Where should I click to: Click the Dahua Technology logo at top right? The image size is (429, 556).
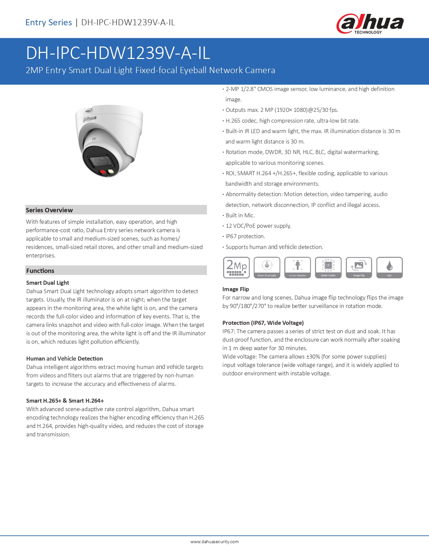[x=370, y=24]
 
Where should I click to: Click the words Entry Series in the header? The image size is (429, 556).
[x=49, y=23]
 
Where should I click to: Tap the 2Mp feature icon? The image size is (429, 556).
[x=236, y=268]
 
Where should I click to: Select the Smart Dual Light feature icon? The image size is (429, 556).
[x=267, y=268]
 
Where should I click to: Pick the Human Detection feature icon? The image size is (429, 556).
[x=297, y=268]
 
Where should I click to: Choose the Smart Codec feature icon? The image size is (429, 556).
[x=328, y=268]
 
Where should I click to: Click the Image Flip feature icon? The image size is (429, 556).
[x=359, y=268]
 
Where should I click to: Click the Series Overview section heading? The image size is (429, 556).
[x=49, y=210]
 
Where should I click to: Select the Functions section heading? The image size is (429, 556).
[x=40, y=271]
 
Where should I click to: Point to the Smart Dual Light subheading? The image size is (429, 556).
[x=48, y=283]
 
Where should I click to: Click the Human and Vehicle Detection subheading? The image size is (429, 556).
[x=65, y=359]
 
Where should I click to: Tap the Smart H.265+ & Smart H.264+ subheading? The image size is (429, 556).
[x=65, y=401]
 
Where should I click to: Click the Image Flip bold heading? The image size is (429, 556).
[x=236, y=289]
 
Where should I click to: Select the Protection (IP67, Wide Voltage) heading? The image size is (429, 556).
[x=263, y=323]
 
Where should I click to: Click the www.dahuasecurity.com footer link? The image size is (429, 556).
[x=214, y=542]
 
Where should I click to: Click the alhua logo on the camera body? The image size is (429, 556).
[x=90, y=119]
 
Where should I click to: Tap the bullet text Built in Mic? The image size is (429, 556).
[x=240, y=215]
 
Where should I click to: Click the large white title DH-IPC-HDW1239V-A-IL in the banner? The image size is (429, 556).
[x=118, y=53]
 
